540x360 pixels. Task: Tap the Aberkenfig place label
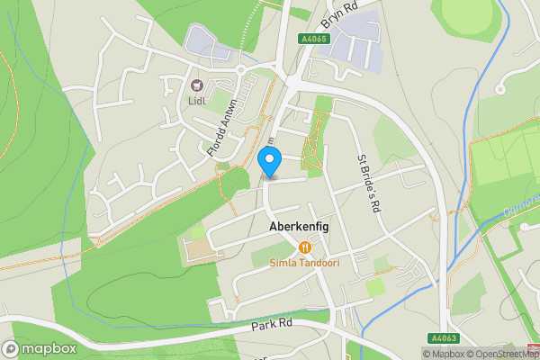[299, 228]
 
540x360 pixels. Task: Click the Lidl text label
[197, 101]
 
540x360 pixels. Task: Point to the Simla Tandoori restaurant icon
[305, 246]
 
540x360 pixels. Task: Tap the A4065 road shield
[315, 39]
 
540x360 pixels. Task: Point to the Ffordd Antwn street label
[221, 128]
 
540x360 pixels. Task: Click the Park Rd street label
[274, 324]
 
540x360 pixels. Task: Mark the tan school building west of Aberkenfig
[202, 249]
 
